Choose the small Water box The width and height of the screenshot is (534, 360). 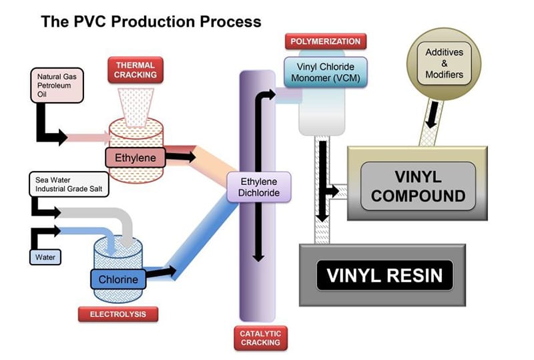coord(45,256)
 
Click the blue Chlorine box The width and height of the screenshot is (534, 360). coord(118,279)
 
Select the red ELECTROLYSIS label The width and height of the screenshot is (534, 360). coord(117,313)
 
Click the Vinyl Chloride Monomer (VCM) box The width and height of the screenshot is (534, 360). coord(328,72)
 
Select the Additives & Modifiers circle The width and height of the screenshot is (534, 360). coord(444,63)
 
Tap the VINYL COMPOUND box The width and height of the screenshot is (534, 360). coord(418,187)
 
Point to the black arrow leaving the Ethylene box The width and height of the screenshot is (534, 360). coord(180,158)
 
